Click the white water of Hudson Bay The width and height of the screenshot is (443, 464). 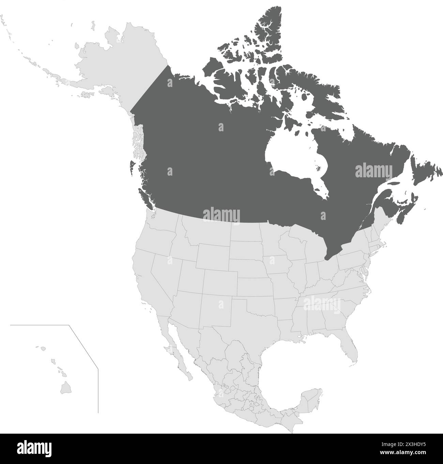tap(290, 153)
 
